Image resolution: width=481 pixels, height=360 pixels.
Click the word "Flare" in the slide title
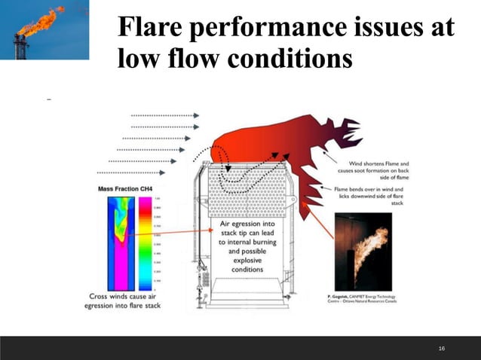coord(151,28)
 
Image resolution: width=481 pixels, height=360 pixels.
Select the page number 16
coord(442,348)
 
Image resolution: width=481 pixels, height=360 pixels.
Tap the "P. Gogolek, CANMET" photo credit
coord(364,300)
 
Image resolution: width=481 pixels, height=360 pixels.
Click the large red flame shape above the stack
coord(279,143)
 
